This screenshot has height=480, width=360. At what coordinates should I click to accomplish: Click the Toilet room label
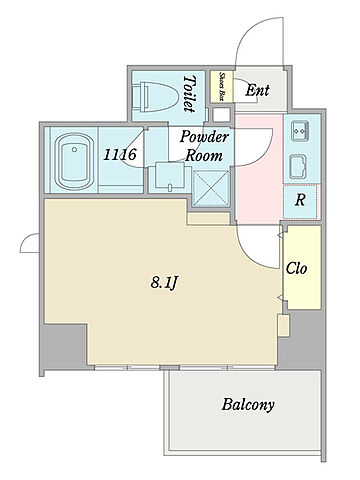point(189,94)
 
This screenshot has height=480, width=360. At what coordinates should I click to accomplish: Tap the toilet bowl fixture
point(154,96)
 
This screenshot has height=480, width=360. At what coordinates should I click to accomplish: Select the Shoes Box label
point(221,87)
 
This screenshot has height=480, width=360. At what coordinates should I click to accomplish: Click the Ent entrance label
point(257,90)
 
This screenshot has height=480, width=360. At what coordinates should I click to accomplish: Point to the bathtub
point(74,161)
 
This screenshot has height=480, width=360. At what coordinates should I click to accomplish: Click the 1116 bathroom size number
point(120,154)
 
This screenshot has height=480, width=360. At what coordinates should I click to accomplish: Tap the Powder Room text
point(204,146)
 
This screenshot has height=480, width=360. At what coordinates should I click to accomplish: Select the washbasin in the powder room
point(170,177)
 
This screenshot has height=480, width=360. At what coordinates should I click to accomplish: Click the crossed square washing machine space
point(212,188)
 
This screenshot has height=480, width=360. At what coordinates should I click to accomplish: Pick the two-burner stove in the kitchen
point(300,131)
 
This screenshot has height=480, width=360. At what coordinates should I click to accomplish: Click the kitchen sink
point(298,167)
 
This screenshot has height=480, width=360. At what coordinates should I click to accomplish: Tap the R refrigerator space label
point(300,200)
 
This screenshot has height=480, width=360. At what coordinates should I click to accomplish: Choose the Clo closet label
point(296,268)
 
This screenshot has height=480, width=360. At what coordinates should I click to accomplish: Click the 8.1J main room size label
point(163,283)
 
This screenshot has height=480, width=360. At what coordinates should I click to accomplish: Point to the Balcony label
point(248,405)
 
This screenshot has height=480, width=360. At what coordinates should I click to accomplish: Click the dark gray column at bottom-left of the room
point(64,345)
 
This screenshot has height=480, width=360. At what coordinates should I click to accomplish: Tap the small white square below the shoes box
point(221,115)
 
